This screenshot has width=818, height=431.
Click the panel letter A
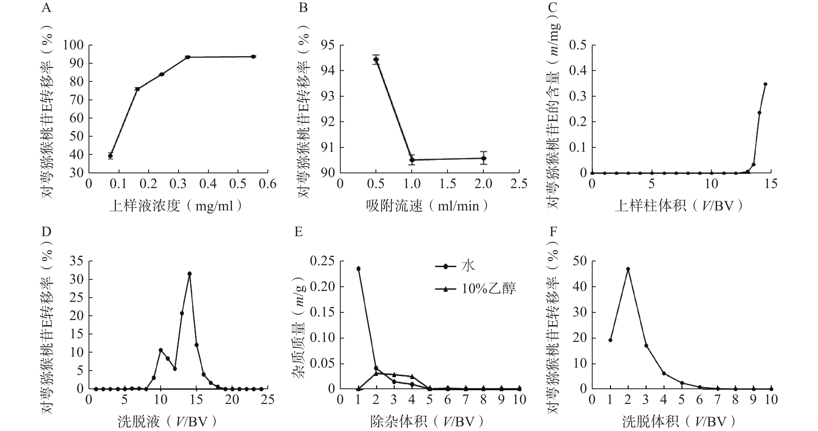tap(46, 7)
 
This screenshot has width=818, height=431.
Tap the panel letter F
tap(553, 232)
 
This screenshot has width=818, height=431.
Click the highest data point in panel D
tap(190, 274)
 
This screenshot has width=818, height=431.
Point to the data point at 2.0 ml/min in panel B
tap(484, 158)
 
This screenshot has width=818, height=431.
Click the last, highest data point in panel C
tap(765, 84)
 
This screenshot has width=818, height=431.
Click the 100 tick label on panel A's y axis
tap(73, 45)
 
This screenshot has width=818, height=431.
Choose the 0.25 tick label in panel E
tap(322, 261)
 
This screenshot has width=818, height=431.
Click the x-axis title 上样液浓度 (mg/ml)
tap(176, 206)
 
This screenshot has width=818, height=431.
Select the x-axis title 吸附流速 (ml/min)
tap(427, 206)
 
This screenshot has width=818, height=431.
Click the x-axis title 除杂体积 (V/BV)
tap(427, 422)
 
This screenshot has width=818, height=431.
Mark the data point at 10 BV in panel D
tap(161, 350)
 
